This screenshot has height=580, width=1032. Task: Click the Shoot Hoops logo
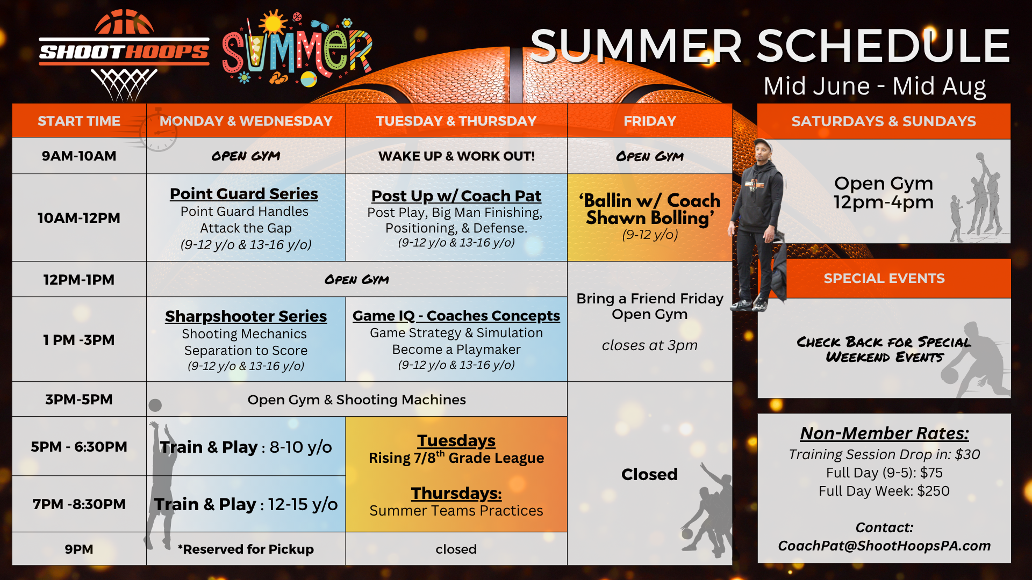(x=124, y=54)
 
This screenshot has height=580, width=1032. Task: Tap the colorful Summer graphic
(x=297, y=49)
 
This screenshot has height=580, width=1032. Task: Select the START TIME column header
(x=79, y=121)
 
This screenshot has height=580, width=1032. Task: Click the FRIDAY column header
(x=650, y=121)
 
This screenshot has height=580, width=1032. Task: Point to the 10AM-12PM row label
(x=79, y=218)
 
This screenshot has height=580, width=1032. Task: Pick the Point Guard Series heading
(x=244, y=194)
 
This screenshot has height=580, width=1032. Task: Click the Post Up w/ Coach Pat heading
(x=456, y=196)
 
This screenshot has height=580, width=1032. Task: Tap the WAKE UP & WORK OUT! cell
(x=456, y=156)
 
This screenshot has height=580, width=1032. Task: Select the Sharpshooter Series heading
(x=246, y=316)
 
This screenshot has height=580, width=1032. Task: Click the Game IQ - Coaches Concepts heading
(x=456, y=316)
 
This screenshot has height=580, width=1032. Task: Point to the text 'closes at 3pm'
(x=650, y=345)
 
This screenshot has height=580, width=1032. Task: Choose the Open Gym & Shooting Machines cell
(x=356, y=400)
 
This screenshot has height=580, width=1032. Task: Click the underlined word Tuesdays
(x=456, y=440)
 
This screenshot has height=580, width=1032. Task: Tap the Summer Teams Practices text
(x=456, y=511)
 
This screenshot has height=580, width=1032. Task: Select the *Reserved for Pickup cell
(x=246, y=549)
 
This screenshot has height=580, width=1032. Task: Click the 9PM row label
(x=79, y=549)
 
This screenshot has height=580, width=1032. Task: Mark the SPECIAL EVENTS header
(x=884, y=278)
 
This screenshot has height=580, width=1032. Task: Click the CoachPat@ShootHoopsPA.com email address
(x=884, y=546)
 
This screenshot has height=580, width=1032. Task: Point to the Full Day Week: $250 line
(x=884, y=491)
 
